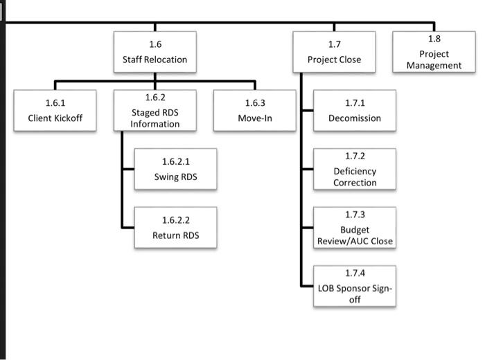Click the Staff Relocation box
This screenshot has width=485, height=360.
[x=155, y=52]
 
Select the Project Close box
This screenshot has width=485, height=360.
[x=334, y=52]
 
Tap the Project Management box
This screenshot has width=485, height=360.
[x=434, y=52]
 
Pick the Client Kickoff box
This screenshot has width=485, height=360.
[x=55, y=111]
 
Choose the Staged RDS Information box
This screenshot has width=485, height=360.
[x=155, y=111]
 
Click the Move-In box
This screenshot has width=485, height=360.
[x=255, y=111]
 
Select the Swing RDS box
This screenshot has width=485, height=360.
[x=175, y=169]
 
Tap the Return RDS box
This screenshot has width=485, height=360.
[x=175, y=228]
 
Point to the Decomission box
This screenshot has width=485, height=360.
[x=355, y=111]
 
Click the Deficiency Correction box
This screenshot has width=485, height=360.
[x=355, y=169]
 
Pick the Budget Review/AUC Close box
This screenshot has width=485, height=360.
[x=355, y=228]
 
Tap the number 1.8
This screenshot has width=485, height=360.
[x=434, y=39]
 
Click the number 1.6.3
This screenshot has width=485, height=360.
[x=255, y=103]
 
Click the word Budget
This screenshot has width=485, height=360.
[x=355, y=230]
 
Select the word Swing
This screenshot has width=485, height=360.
[x=166, y=177]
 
